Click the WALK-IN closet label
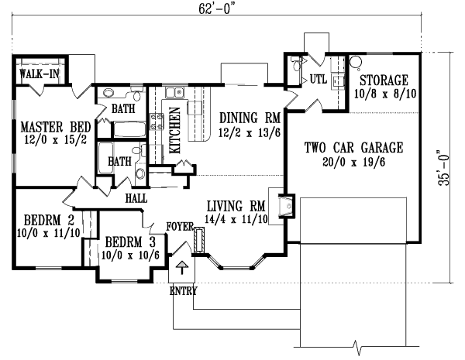tap(36, 75)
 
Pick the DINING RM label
tap(249, 118)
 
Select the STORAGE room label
tap(382, 81)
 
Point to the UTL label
tap(319, 79)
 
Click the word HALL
tap(136, 198)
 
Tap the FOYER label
tap(178, 227)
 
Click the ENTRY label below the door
tap(183, 292)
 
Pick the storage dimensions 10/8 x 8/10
tap(382, 94)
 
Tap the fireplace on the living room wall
tap(288, 204)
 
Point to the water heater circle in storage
tap(356, 61)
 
